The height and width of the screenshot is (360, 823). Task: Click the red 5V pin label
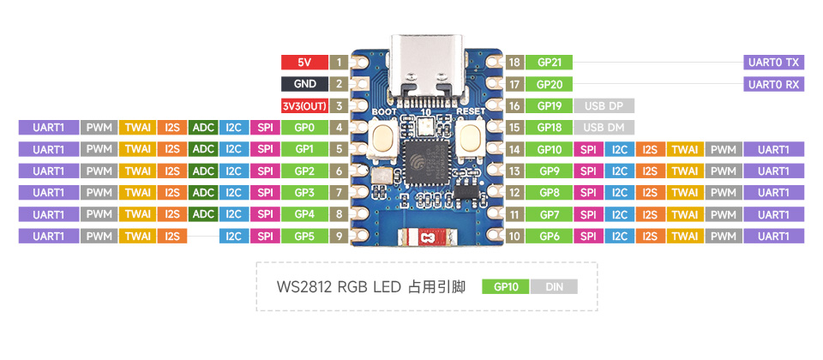tap(303, 63)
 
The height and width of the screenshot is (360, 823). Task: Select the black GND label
tap(303, 84)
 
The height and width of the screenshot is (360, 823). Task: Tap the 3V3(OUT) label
tap(303, 106)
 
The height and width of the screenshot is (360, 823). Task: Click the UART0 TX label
tap(773, 63)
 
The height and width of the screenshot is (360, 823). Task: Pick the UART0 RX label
tap(773, 84)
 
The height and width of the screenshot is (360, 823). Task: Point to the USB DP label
tap(604, 106)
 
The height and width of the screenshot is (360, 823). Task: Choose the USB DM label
tap(604, 128)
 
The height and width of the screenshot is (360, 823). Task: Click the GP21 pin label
tap(550, 63)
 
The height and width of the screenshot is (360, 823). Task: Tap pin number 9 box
tap(339, 236)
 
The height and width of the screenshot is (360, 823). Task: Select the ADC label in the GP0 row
tap(203, 128)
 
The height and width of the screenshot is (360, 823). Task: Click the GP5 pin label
tap(303, 236)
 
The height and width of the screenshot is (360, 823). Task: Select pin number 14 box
tap(514, 149)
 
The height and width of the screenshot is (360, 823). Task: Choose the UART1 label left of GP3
tap(48, 192)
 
